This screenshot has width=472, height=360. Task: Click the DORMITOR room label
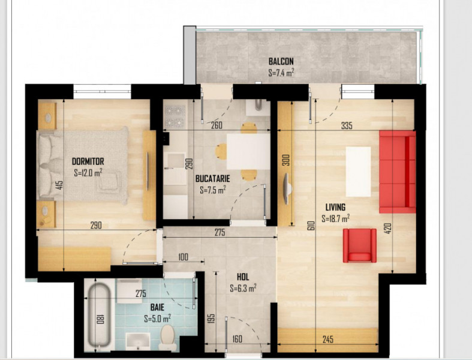88,161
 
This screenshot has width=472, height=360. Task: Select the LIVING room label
335,207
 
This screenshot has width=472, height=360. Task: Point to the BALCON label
281,61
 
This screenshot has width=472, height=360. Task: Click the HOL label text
243,278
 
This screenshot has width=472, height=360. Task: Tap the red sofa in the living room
397,172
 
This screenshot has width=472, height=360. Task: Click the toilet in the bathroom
167,337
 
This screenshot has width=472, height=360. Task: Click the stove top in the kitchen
175,114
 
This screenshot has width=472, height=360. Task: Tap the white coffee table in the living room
358,171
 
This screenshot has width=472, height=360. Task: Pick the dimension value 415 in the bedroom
59,185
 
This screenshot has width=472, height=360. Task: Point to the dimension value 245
327,340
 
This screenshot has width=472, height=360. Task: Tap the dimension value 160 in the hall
237,340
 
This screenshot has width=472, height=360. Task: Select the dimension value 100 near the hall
184,257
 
